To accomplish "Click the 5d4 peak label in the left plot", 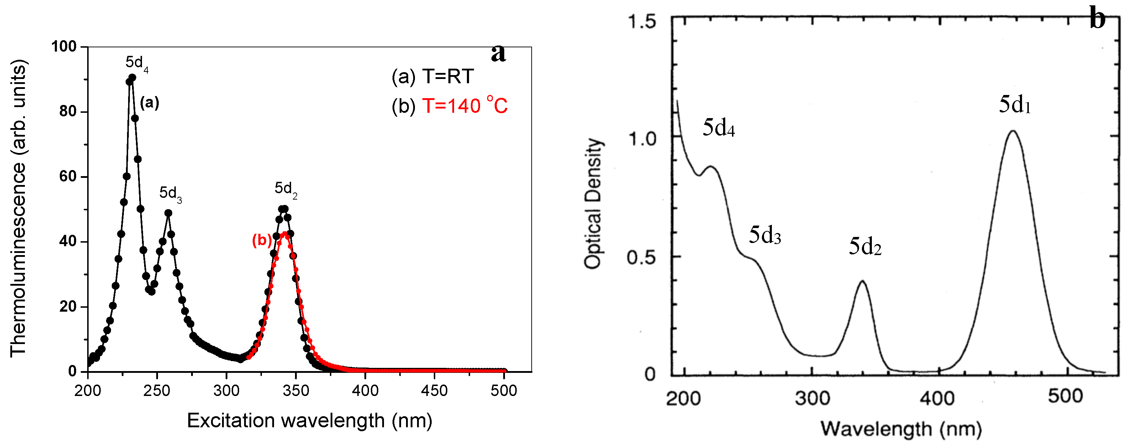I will click(x=137, y=63).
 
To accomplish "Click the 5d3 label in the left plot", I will click(x=170, y=193).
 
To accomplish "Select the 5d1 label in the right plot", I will click(x=1015, y=105).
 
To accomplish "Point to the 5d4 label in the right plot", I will click(x=718, y=128).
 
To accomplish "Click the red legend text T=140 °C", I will click(x=464, y=106).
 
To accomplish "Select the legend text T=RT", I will click(x=448, y=76).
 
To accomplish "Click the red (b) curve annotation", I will click(x=262, y=240).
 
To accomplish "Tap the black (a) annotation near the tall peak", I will click(x=149, y=103).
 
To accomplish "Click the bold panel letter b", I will click(x=1097, y=19).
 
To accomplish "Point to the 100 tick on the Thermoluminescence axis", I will click(x=63, y=46).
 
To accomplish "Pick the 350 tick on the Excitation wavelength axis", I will click(x=296, y=390).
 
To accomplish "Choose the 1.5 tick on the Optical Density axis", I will click(x=642, y=21).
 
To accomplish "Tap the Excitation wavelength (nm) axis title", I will click(x=309, y=421).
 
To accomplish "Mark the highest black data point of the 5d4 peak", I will click(x=132, y=78).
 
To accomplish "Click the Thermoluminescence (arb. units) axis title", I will click(x=19, y=208).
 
